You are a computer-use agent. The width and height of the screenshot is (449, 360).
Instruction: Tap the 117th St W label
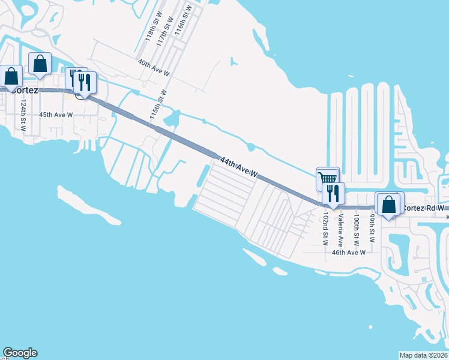coord(164,29)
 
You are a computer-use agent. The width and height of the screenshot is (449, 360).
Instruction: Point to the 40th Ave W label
coord(154,67)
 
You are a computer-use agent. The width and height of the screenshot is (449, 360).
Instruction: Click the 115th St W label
coord(158,104)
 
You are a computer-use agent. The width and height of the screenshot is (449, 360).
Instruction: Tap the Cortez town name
coord(24,90)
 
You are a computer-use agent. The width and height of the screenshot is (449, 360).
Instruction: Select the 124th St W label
coord(23,116)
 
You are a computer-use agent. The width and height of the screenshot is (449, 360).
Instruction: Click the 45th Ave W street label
coord(56,114)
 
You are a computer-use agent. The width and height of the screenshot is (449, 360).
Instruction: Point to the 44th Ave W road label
coord(238,167)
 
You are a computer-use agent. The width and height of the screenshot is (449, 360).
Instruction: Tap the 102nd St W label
coord(325,229)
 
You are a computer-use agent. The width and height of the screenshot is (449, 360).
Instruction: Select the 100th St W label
coord(357,229)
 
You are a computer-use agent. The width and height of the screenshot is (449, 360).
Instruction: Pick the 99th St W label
coord(372,227)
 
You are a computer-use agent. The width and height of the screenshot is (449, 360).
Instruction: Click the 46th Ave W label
coord(349,253)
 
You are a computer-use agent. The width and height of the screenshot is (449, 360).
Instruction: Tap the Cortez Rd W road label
coord(423,208)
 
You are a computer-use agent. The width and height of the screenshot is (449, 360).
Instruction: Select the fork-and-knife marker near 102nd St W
coord(333,193)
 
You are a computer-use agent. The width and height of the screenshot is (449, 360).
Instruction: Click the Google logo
coord(20,353)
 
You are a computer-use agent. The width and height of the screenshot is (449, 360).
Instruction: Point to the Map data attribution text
coord(424,355)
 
